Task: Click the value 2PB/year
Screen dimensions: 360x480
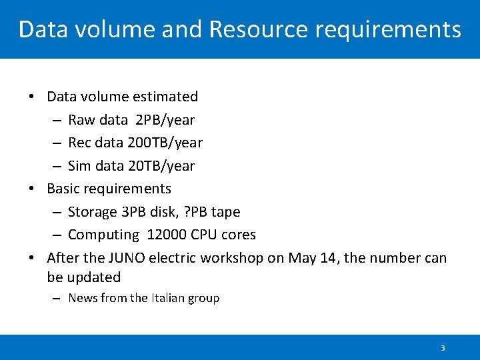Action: (x=165, y=120)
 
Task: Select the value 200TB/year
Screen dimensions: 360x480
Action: (x=169, y=143)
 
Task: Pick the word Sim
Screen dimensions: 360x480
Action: (x=79, y=166)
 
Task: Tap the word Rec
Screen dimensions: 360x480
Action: (x=80, y=143)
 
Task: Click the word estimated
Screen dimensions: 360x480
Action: (x=165, y=97)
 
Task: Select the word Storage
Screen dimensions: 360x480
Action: (x=93, y=212)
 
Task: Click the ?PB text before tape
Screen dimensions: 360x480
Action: (x=195, y=212)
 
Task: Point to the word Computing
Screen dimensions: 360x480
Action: (x=103, y=235)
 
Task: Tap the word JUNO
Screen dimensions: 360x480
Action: (x=126, y=258)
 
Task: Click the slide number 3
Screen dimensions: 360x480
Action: (x=443, y=348)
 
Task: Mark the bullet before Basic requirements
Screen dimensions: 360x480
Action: (x=32, y=189)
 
